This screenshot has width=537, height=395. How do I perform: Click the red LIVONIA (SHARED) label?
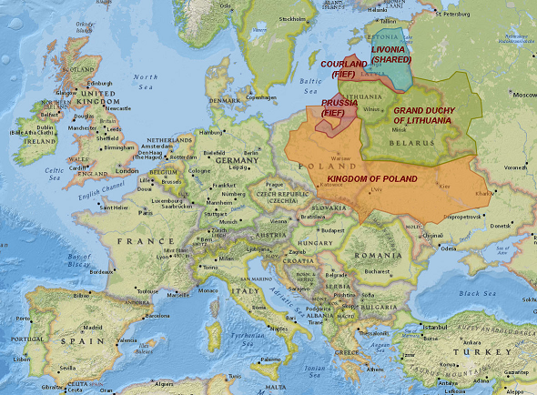391,53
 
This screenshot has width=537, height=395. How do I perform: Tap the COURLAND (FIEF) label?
344,68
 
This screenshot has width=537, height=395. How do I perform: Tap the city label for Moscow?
523,95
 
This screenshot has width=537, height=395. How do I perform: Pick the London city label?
127,170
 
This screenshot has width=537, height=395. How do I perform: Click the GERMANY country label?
239,159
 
